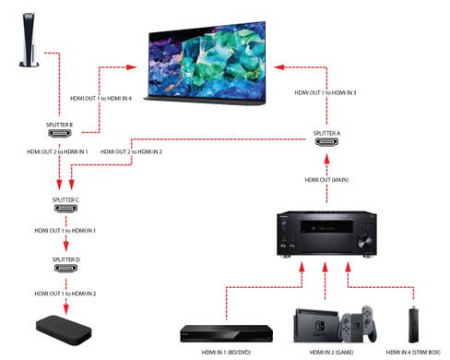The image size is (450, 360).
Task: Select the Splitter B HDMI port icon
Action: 63,135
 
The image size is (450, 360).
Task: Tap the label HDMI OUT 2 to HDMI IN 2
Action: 132,150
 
